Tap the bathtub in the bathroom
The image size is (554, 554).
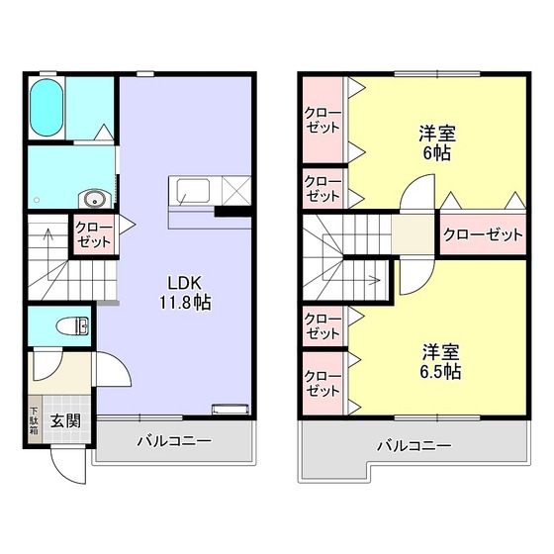click(x=46, y=109)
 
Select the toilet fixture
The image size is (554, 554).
click(x=72, y=325)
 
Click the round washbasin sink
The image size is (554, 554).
click(x=92, y=196)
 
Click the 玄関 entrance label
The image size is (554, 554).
click(x=66, y=419)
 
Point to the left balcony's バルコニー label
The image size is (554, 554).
click(x=173, y=440)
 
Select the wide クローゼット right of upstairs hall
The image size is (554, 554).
click(x=482, y=234)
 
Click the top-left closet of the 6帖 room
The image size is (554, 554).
click(x=323, y=121)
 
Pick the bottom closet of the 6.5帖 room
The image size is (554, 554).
click(x=323, y=384)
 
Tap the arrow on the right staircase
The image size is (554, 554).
click(x=374, y=279)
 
